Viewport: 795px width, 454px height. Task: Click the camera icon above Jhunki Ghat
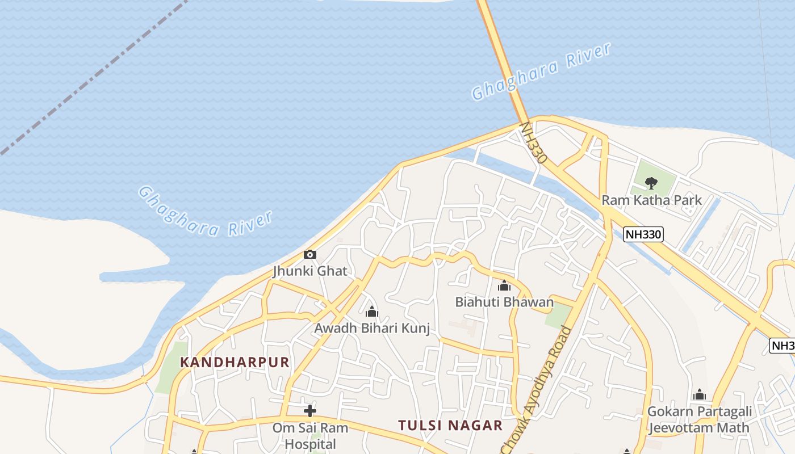click(x=309, y=254)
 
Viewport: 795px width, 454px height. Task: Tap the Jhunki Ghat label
click(x=310, y=271)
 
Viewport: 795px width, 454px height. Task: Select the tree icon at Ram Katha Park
click(x=651, y=183)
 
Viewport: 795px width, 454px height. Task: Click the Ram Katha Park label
click(x=651, y=200)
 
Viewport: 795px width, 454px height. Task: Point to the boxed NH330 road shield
click(x=643, y=234)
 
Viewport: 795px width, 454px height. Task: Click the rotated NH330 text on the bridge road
click(x=533, y=142)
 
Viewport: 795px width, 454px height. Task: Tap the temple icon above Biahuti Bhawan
click(x=504, y=285)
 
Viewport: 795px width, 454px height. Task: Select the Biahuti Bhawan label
click(x=504, y=302)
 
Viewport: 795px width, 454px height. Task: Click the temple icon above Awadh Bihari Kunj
click(x=372, y=312)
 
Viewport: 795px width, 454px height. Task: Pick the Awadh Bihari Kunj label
click(x=372, y=328)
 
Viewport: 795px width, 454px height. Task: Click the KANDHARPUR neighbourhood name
click(x=235, y=362)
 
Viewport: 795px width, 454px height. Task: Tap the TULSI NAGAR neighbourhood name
click(x=450, y=425)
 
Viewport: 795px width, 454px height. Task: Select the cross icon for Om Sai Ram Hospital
click(x=310, y=410)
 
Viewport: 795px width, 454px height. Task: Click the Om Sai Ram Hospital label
click(x=310, y=435)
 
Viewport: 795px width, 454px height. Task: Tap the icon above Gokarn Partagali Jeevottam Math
click(x=700, y=394)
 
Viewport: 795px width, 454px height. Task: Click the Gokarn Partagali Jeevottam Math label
click(x=700, y=419)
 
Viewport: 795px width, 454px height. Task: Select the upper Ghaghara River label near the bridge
click(x=541, y=72)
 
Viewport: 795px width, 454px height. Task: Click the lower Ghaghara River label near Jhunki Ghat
click(x=205, y=212)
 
